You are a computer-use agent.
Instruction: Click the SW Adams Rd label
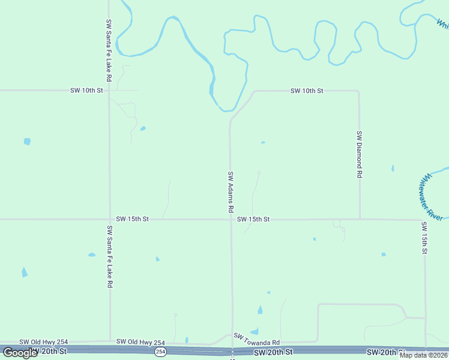click(230, 193)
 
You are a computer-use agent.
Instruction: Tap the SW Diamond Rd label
click(360, 154)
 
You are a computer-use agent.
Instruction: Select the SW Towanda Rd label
click(257, 339)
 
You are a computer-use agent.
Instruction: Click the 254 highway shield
click(160, 352)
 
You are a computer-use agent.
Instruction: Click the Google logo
click(20, 353)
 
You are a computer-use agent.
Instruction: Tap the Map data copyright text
click(423, 355)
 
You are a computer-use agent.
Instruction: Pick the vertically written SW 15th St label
click(424, 238)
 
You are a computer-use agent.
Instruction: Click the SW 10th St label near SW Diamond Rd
click(307, 91)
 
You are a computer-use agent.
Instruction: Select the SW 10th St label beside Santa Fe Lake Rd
click(87, 90)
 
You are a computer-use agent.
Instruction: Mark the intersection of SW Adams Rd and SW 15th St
click(231, 219)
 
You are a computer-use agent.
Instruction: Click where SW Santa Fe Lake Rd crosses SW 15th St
click(109, 219)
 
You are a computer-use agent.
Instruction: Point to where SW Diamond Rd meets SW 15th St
click(360, 219)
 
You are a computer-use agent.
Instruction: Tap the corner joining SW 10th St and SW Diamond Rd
click(358, 91)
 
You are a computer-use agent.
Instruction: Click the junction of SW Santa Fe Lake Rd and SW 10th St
click(109, 90)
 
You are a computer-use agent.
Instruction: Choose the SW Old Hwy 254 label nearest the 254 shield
click(140, 341)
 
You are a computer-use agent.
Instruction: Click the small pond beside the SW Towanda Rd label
click(255, 331)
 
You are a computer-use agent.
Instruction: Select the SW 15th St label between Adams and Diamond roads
click(253, 219)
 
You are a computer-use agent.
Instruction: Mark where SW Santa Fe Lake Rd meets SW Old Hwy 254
click(110, 341)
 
